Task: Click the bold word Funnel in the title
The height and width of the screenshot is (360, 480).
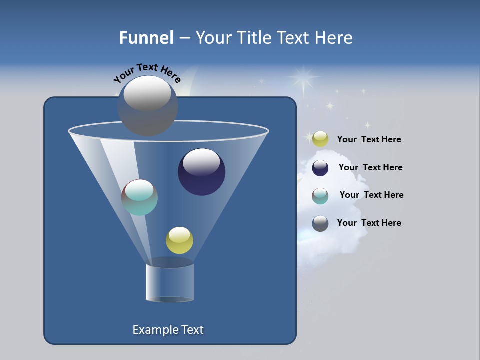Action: pyautogui.click(x=146, y=38)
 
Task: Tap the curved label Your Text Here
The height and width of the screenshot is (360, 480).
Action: pyautogui.click(x=147, y=72)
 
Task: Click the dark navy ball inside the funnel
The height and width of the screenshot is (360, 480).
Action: pyautogui.click(x=202, y=172)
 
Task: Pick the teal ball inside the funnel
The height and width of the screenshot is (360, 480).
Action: pyautogui.click(x=140, y=197)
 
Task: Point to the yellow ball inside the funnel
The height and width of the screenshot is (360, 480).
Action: pyautogui.click(x=179, y=240)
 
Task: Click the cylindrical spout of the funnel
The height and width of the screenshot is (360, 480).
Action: pyautogui.click(x=170, y=282)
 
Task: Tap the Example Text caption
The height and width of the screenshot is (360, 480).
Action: pyautogui.click(x=168, y=330)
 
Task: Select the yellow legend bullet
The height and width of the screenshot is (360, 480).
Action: pyautogui.click(x=320, y=139)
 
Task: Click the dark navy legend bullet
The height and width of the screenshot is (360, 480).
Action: pyautogui.click(x=320, y=168)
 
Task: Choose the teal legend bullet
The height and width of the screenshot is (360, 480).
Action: pyautogui.click(x=320, y=196)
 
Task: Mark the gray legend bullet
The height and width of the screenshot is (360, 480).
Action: pyautogui.click(x=320, y=223)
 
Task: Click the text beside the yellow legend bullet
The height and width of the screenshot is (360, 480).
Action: pyautogui.click(x=369, y=140)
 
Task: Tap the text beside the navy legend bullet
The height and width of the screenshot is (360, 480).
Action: pyautogui.click(x=370, y=167)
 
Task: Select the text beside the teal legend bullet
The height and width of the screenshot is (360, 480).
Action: pyautogui.click(x=371, y=195)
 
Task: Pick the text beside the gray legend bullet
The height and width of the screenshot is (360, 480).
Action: pyautogui.click(x=369, y=223)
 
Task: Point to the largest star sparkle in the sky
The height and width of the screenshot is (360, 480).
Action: pyautogui.click(x=303, y=77)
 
